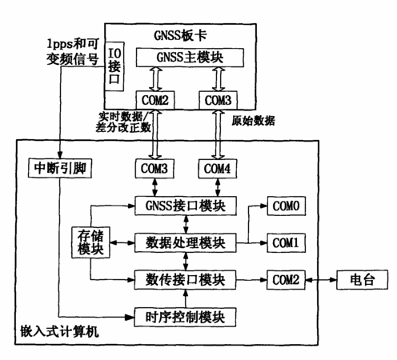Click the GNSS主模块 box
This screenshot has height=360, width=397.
[190, 58]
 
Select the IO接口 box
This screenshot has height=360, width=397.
[114, 66]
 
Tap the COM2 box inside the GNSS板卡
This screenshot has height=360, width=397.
[155, 100]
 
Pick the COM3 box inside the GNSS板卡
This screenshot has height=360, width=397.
[218, 100]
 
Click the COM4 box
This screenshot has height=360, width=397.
[218, 169]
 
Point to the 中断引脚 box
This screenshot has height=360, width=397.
[60, 168]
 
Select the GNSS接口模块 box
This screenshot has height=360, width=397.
[186, 206]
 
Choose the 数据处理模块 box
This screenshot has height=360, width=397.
[186, 242]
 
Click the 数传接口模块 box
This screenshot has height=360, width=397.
[185, 280]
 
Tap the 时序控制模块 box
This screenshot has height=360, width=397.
[185, 317]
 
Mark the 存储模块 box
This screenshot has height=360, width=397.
[90, 242]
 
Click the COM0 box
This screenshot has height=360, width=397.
[287, 206]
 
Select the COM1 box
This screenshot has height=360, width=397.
[287, 242]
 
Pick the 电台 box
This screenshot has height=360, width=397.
[362, 280]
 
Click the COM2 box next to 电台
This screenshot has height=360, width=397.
[286, 280]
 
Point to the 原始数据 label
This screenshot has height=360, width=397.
[253, 121]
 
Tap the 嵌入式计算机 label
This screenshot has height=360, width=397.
[59, 331]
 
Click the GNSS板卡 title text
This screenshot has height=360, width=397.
[180, 35]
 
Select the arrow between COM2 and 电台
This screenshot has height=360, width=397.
[321, 280]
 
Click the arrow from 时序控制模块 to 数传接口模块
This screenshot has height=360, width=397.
[185, 298]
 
